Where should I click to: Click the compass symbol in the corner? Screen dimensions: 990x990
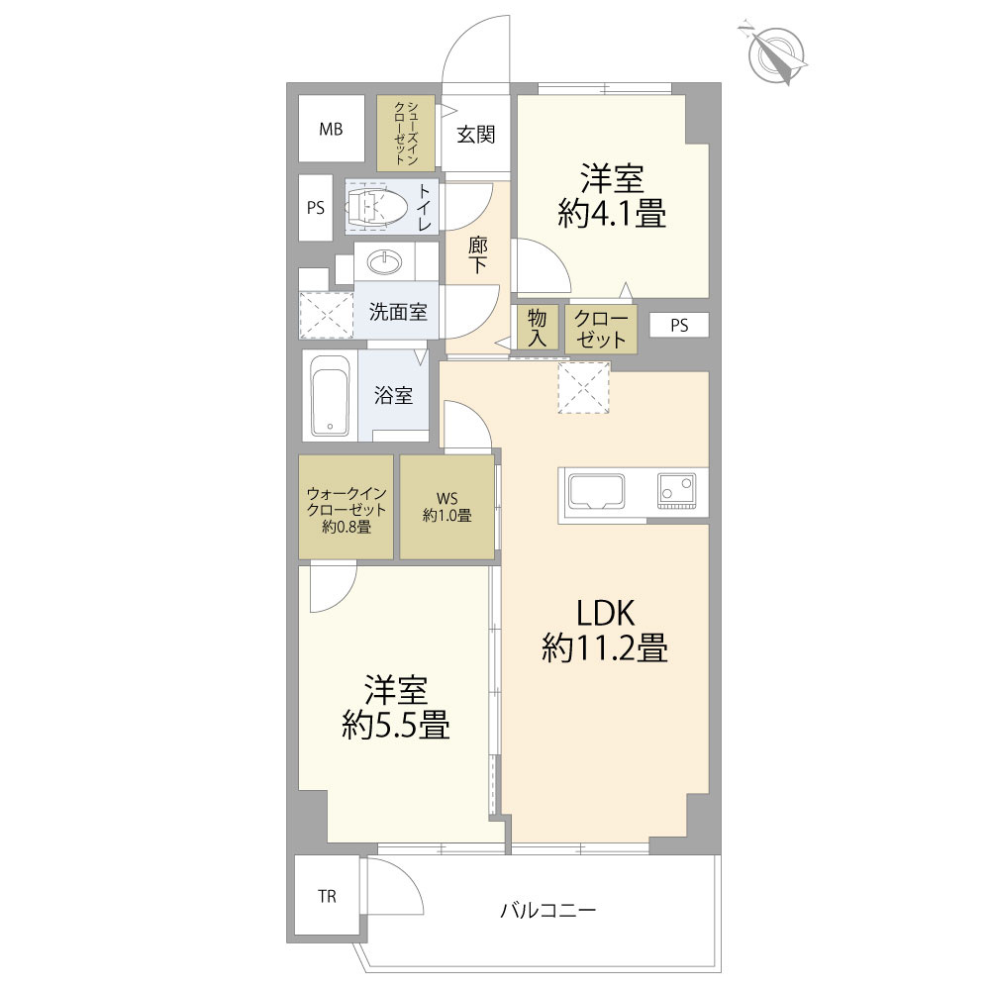776,53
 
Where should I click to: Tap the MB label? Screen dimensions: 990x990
331,130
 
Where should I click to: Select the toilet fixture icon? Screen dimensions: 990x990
376,207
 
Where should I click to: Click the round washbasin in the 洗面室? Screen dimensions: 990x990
384,262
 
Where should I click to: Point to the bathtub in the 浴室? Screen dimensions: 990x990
331,395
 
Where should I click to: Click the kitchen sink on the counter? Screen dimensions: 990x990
596,491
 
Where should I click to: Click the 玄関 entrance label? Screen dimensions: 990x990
475,135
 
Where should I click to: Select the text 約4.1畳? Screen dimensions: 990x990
612,214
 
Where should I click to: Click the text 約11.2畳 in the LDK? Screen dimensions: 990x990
604,648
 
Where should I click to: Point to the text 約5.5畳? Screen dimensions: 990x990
396,726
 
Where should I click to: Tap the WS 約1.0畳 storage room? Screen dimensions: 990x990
447,507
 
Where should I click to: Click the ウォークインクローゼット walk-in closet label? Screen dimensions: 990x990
346,510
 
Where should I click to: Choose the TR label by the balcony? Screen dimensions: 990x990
327,896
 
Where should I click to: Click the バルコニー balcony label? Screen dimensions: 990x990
548,911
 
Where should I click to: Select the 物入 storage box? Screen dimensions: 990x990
538,328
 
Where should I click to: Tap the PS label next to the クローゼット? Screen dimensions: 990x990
679,326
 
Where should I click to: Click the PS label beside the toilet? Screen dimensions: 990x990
316,208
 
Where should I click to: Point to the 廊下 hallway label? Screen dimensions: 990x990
478,255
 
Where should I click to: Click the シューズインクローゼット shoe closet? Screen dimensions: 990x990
406,134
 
